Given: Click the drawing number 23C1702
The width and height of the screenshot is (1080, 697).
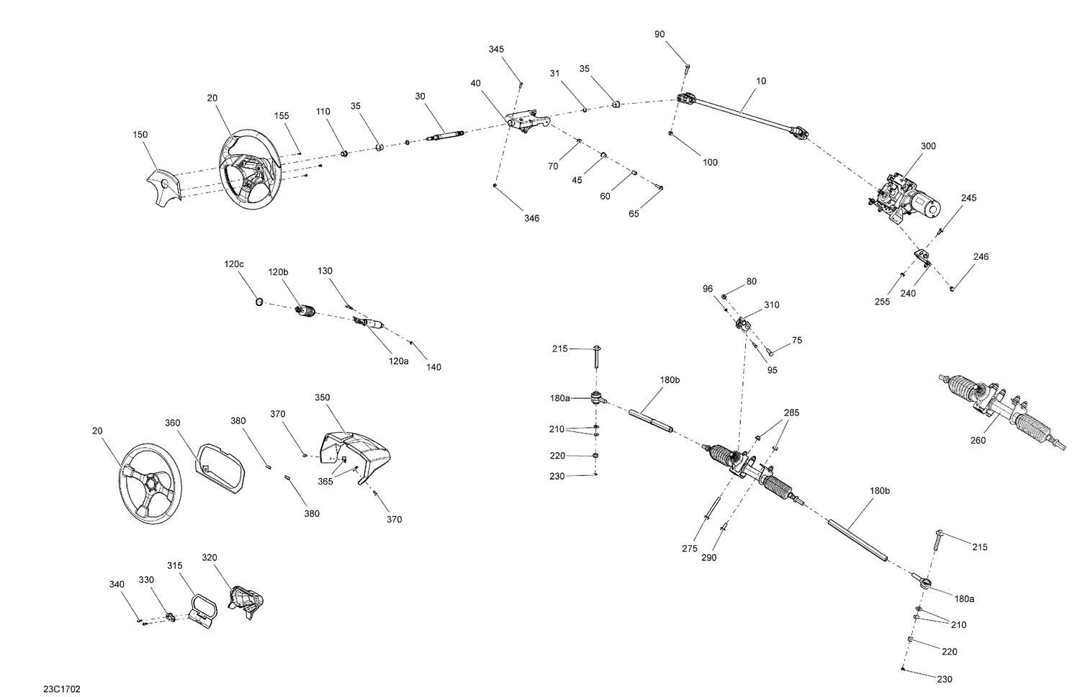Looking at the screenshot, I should [x=62, y=689].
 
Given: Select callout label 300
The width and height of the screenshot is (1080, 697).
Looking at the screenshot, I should [x=928, y=146].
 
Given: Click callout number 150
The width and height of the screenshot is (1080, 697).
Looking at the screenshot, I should [x=140, y=135].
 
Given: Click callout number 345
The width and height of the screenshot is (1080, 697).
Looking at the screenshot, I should [x=496, y=49].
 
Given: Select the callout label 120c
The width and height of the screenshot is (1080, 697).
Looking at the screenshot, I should [x=234, y=264].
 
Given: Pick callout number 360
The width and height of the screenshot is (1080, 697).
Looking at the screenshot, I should [x=173, y=423].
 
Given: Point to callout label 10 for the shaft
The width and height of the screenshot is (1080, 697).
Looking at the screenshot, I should [x=761, y=81].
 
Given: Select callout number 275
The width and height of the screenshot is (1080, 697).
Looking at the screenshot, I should [x=689, y=549].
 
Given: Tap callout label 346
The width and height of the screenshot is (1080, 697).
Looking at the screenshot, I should [x=531, y=218].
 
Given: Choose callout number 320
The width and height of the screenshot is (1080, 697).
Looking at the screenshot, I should [x=209, y=557].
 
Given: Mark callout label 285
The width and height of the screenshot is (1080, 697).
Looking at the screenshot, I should [x=791, y=413].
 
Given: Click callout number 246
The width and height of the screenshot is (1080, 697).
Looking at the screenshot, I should [x=981, y=256].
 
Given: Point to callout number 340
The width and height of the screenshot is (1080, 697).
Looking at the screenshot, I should [x=117, y=584].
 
